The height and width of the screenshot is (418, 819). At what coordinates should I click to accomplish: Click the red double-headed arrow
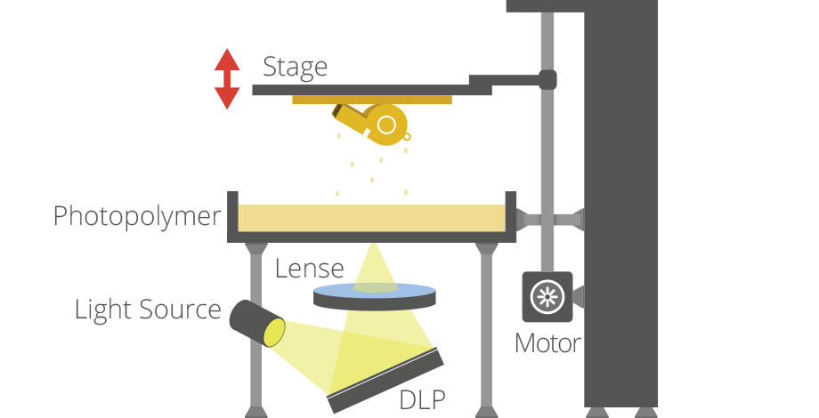pyautogui.click(x=227, y=78)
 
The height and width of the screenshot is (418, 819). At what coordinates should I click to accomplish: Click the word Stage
pyautogui.click(x=295, y=67)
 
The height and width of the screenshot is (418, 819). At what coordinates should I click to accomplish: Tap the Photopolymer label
pyautogui.click(x=136, y=216)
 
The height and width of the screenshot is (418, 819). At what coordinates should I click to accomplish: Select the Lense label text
pyautogui.click(x=309, y=268)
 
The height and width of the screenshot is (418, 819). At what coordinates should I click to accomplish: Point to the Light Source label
pyautogui.click(x=147, y=309)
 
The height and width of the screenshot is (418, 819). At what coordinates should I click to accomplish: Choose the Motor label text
pyautogui.click(x=547, y=342)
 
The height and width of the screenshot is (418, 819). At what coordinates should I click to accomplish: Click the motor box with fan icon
pyautogui.click(x=547, y=297)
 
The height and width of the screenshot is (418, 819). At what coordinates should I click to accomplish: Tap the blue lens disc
pyautogui.click(x=375, y=293)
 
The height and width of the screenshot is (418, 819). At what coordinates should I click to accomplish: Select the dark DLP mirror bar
pyautogui.click(x=386, y=380)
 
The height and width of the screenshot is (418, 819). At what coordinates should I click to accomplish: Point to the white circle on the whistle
pyautogui.click(x=386, y=125)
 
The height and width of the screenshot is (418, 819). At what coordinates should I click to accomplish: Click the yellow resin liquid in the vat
pyautogui.click(x=371, y=216)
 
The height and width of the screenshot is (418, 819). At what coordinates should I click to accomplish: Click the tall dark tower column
pyautogui.click(x=620, y=213)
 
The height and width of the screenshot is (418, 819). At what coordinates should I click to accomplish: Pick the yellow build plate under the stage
pyautogui.click(x=371, y=100)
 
